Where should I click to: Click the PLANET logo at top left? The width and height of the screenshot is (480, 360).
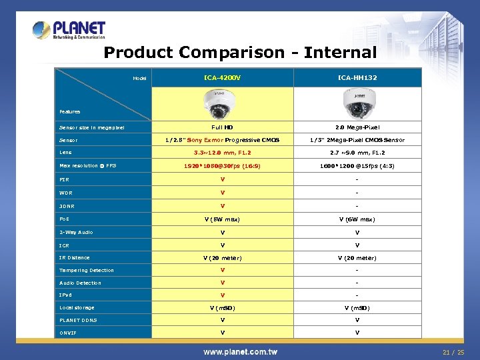[x=69, y=30]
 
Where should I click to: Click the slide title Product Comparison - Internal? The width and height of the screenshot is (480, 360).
[x=240, y=52]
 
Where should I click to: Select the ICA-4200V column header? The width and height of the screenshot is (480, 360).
[x=223, y=78]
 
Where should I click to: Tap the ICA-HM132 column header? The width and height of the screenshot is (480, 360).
[x=357, y=78]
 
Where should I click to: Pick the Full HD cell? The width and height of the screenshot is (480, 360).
[x=223, y=127]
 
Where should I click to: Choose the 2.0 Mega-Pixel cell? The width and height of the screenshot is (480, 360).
[x=357, y=127]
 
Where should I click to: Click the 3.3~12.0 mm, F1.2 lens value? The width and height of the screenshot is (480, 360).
[x=223, y=153]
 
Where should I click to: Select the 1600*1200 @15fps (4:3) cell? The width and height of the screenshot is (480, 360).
[x=357, y=165]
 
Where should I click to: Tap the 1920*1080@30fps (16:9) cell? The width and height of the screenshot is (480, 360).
[x=223, y=165]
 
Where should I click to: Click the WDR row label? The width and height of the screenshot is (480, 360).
[x=66, y=193]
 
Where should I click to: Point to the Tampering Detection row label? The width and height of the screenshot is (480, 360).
[x=87, y=270]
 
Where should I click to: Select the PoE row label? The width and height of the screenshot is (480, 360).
[x=65, y=219]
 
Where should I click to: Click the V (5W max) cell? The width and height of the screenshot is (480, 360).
[x=223, y=219]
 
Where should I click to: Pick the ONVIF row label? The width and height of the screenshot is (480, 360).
[x=68, y=332]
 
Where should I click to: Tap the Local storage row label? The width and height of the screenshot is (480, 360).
[x=77, y=307]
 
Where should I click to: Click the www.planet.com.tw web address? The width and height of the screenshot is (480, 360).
[x=241, y=351]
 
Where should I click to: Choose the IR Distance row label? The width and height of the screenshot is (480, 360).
[x=74, y=257]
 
